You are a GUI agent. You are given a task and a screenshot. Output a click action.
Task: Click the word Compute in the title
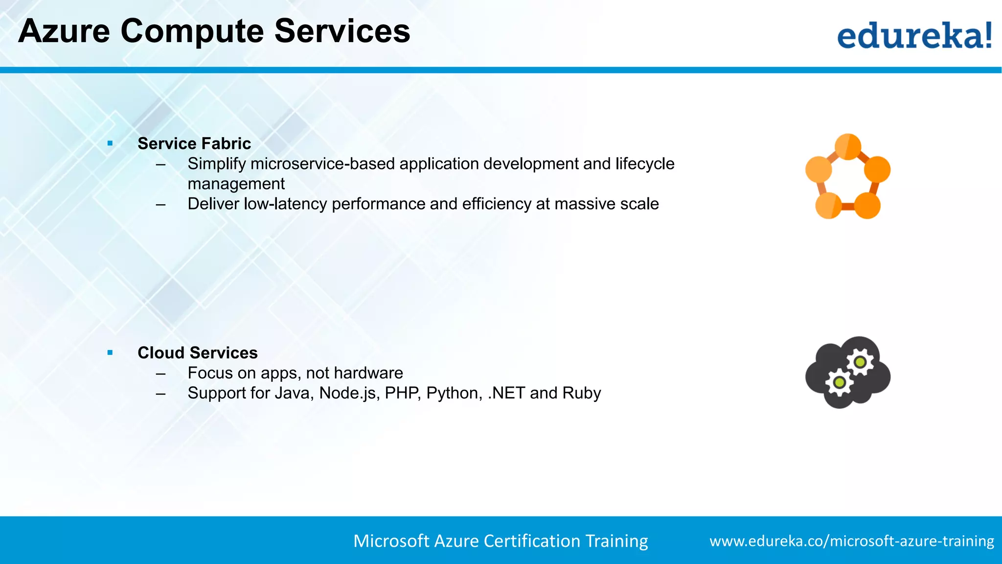coord(192,31)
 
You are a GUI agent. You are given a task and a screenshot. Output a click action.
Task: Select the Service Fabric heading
coord(194,143)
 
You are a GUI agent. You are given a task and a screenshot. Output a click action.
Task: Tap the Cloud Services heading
coord(197,352)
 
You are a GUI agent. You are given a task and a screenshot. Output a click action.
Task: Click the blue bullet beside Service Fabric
coord(110,143)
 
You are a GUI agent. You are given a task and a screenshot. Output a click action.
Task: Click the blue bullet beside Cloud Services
coord(110,352)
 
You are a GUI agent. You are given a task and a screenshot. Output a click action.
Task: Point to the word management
coord(236,184)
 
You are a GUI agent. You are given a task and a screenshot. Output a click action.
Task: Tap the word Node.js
coord(349,393)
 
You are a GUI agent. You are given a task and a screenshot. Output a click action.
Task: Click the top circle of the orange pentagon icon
coord(848,146)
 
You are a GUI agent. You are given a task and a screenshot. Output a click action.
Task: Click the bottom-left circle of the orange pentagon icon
coord(828,206)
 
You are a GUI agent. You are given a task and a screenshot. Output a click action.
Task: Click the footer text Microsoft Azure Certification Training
coord(501,541)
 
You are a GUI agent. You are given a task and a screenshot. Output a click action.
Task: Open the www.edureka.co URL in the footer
coord(851,541)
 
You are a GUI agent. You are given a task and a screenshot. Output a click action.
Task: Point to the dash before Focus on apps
coord(160,373)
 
